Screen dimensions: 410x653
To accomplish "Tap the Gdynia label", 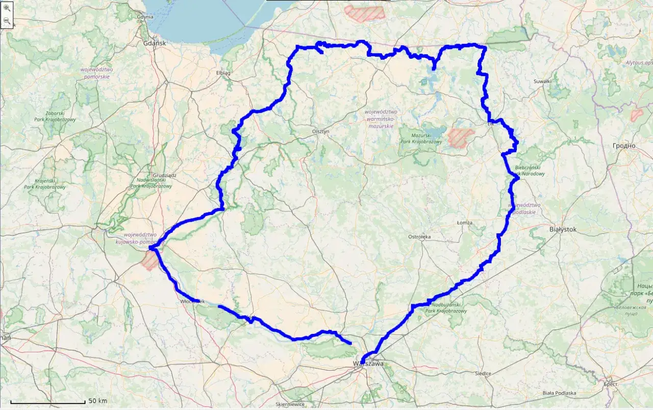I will click(x=145, y=16).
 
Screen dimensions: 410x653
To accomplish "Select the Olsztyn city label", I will click(x=321, y=131).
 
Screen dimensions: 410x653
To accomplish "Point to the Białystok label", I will click(x=563, y=230).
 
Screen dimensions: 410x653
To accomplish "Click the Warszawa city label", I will click(x=368, y=364).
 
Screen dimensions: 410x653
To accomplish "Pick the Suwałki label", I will click(x=542, y=81).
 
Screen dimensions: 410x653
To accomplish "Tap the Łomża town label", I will click(x=465, y=223).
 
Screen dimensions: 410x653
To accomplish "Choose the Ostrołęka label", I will click(x=420, y=237).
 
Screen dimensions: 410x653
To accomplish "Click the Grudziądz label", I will click(x=164, y=175).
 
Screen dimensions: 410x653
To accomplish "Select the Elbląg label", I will click(x=223, y=73).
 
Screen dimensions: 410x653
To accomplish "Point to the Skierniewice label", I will click(x=290, y=404).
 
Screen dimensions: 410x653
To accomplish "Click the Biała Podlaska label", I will click(x=559, y=393).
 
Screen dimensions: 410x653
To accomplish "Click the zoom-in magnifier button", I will click(x=7, y=8).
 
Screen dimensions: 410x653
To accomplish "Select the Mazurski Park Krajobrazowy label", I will click(x=421, y=138).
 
